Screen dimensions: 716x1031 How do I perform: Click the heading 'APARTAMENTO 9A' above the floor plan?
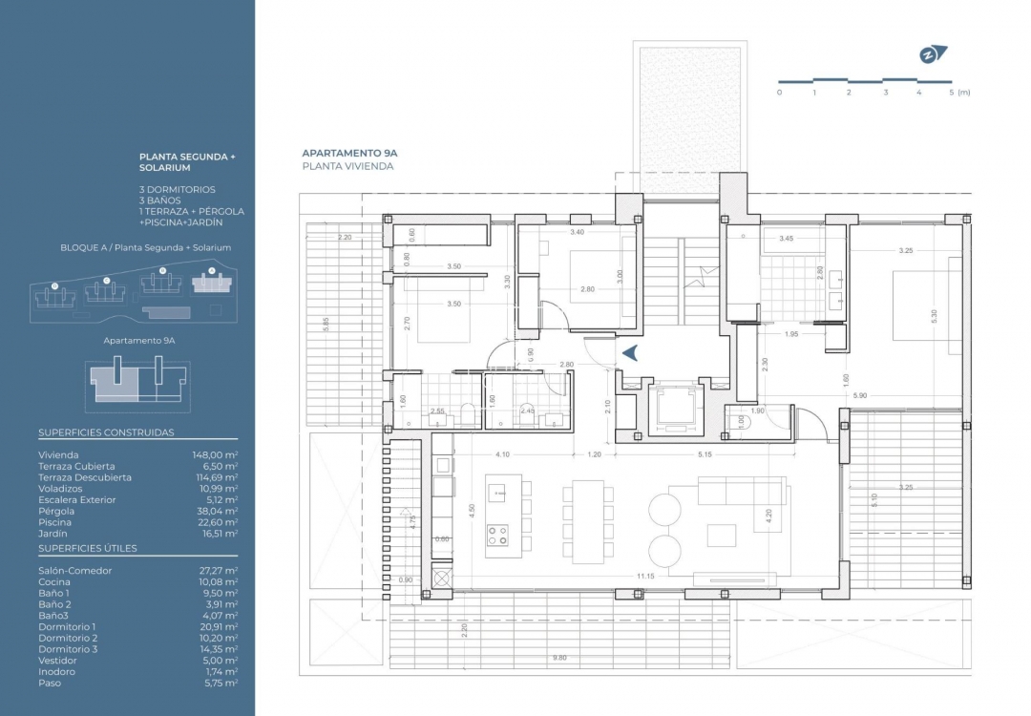348,153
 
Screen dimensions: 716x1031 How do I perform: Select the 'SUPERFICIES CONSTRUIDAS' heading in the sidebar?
106,432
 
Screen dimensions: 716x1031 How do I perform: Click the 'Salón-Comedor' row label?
75,571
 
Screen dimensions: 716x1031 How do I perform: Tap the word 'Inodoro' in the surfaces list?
57,671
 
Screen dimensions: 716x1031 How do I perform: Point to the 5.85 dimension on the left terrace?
326,324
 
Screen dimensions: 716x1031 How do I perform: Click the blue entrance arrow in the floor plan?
630,353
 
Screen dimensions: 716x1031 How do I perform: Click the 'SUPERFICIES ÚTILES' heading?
87,548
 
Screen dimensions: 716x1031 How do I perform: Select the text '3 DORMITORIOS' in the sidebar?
178,190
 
